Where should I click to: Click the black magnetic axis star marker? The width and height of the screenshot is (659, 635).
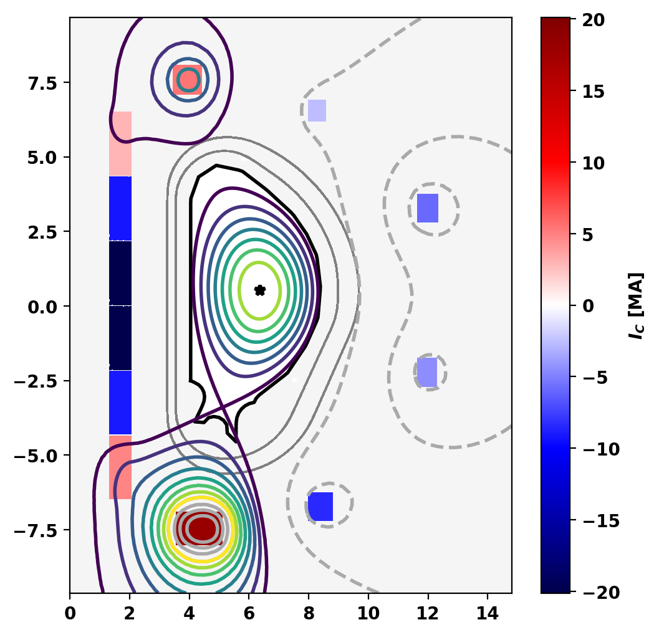(260, 290)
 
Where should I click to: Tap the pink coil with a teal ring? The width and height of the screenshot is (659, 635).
(188, 80)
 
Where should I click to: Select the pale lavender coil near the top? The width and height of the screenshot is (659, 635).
(317, 110)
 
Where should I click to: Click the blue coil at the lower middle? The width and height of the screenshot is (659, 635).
(320, 506)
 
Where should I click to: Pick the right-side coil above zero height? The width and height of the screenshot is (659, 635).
(428, 208)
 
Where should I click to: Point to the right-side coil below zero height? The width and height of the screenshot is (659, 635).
(427, 372)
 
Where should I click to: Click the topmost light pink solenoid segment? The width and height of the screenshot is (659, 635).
(120, 144)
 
